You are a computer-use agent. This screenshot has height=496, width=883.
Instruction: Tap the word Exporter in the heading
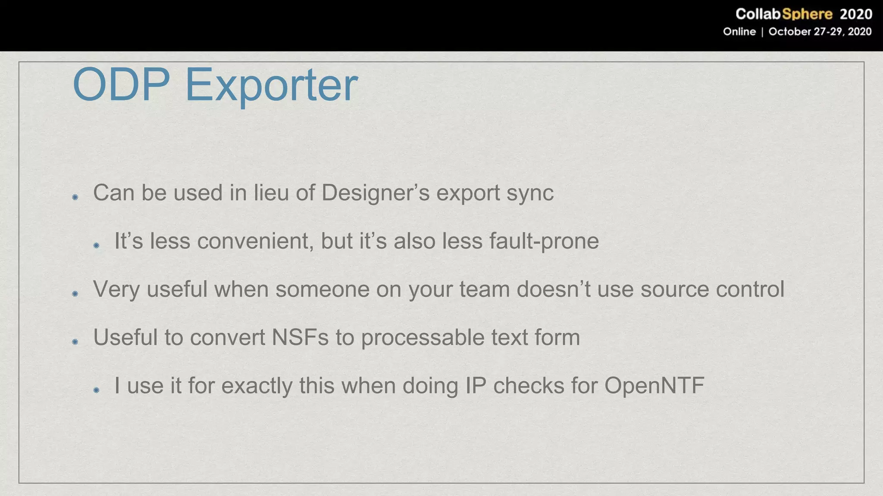[x=271, y=85]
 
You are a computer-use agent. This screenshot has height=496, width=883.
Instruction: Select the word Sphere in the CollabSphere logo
[x=807, y=14]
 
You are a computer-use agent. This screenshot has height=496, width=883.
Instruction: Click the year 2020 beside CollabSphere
[x=856, y=14]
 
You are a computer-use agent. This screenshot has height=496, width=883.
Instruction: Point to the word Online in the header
[x=739, y=32]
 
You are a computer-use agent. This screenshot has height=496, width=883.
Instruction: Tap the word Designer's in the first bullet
[x=376, y=192]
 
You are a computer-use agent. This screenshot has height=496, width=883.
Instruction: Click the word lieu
[x=271, y=192]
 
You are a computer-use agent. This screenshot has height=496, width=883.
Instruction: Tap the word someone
[x=322, y=289]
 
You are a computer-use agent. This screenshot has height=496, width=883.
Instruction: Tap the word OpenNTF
[x=654, y=386]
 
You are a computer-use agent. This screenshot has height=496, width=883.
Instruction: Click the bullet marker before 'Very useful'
[x=75, y=294]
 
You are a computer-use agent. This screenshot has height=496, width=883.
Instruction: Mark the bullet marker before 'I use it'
[x=96, y=390]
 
